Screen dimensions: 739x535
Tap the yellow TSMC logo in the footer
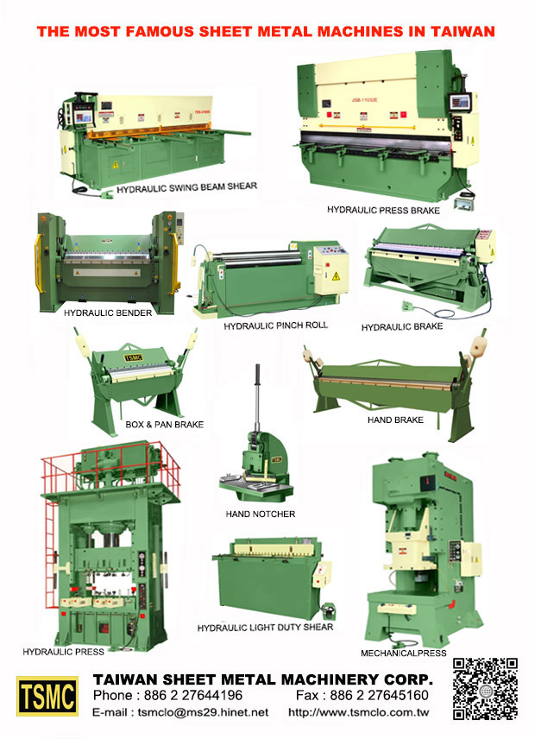(x=47, y=696)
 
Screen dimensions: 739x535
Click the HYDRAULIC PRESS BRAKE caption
(x=383, y=210)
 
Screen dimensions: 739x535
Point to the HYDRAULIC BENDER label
(x=108, y=313)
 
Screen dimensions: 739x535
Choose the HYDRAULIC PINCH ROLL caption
(x=275, y=326)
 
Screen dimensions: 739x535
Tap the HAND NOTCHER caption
(x=261, y=514)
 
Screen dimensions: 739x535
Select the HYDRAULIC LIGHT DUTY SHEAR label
(x=265, y=627)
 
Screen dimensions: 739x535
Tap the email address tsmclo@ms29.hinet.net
(x=180, y=712)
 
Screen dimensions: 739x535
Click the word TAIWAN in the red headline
(x=463, y=32)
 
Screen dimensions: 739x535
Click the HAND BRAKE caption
(x=395, y=420)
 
